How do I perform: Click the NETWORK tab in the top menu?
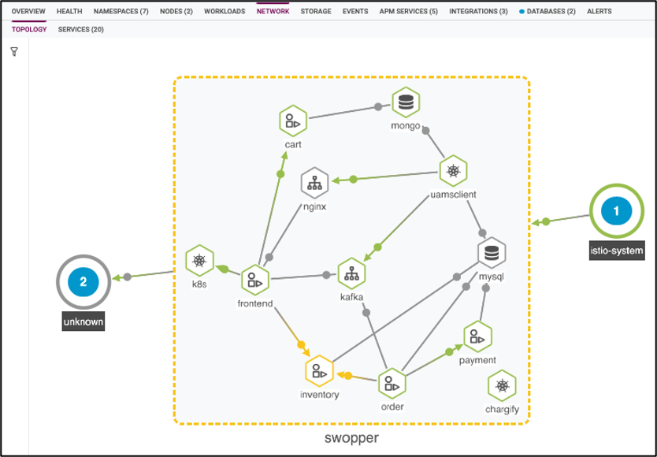[273, 13]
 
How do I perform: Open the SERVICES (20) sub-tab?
[80, 29]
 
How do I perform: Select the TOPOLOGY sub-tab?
[29, 29]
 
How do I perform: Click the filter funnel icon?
[14, 51]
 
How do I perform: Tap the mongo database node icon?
[406, 102]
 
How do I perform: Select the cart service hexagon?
[292, 121]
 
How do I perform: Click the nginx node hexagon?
[314, 182]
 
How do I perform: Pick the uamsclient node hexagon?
[453, 170]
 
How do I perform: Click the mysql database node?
[492, 252]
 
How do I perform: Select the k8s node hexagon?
[199, 260]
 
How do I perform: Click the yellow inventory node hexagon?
[318, 370]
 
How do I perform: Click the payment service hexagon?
[477, 336]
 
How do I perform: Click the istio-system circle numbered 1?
[617, 211]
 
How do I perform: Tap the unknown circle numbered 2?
[84, 281]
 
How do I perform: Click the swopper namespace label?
[351, 438]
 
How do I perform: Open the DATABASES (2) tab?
[551, 13]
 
